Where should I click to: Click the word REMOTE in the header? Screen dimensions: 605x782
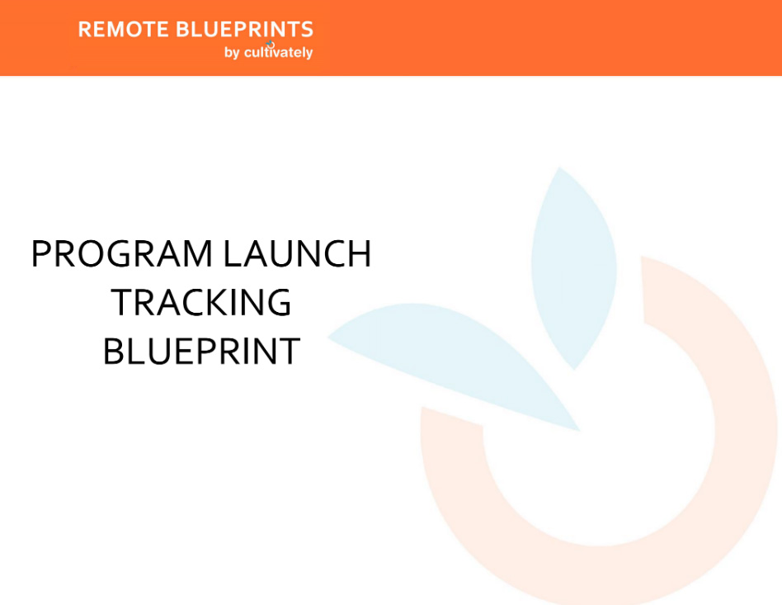[x=124, y=30]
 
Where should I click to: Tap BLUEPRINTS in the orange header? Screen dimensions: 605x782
[x=245, y=30]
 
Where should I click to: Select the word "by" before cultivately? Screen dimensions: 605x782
[x=232, y=53]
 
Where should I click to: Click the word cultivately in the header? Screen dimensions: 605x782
[x=279, y=53]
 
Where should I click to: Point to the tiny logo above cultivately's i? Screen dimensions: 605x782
[x=270, y=44]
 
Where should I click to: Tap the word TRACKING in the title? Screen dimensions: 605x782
[x=201, y=303]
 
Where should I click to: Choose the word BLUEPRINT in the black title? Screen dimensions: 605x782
[x=201, y=352]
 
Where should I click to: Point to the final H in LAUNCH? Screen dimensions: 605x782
[x=359, y=254]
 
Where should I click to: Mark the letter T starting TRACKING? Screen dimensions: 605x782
[x=121, y=303]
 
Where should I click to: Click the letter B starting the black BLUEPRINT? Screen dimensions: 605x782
[x=113, y=352]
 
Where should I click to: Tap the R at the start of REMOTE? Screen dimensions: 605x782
[x=85, y=30]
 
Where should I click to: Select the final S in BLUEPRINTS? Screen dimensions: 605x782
[x=307, y=30]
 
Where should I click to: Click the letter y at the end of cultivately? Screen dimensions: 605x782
[x=309, y=54]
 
